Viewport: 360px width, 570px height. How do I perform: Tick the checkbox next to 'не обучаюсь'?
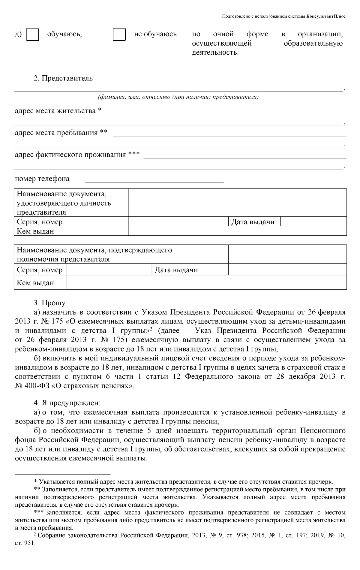(x=119, y=35)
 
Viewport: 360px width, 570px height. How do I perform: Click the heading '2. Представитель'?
(x=63, y=79)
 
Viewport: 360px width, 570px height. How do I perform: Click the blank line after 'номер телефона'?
(x=154, y=179)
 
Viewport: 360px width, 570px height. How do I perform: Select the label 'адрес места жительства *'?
(x=58, y=111)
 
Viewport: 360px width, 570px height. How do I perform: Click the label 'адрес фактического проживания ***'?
(x=77, y=155)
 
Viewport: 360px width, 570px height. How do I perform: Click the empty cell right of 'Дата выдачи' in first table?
(x=313, y=222)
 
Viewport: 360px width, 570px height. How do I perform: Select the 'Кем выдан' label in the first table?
(x=35, y=231)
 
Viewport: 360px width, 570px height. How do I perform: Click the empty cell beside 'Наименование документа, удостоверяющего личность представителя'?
(x=237, y=203)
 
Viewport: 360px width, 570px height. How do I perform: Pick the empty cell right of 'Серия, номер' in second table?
(x=109, y=270)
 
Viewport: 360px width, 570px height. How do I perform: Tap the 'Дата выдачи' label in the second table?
(x=176, y=270)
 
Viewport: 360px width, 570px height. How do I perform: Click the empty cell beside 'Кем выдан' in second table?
(x=206, y=283)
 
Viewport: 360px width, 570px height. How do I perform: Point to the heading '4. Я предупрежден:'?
(x=67, y=403)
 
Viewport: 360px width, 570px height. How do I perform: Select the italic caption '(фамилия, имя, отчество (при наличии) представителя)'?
(x=178, y=97)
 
